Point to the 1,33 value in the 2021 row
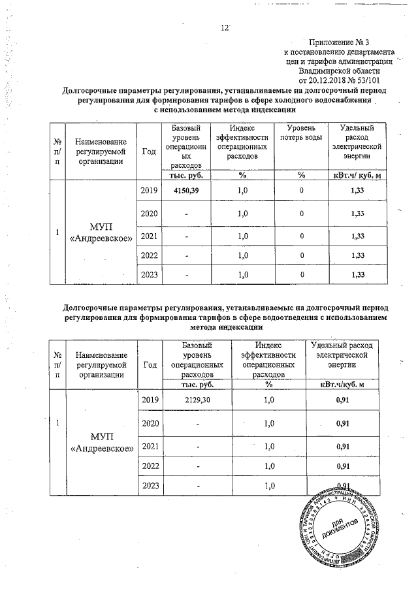[357, 235]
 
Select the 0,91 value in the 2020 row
[341, 423]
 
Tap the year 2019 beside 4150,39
[150, 189]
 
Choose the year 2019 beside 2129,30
[150, 399]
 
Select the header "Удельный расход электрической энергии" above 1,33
[357, 143]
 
